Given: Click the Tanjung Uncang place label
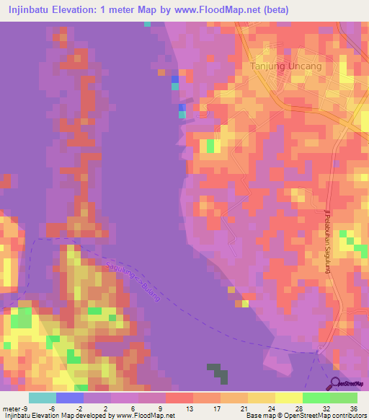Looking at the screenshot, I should [x=285, y=66].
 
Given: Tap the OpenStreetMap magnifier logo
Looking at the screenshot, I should [x=335, y=383].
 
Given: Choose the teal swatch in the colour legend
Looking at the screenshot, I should [x=43, y=398].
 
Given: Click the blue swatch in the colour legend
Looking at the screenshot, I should [x=70, y=398].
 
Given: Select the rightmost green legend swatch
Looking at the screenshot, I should [x=344, y=398].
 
